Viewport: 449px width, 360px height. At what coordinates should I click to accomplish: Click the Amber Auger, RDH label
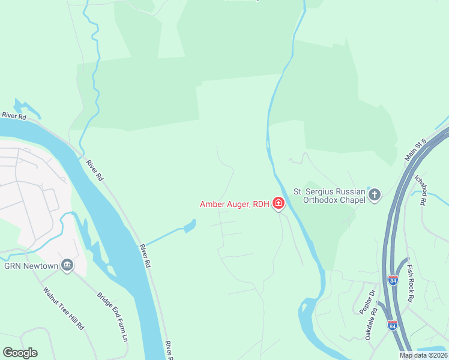coord(234,204)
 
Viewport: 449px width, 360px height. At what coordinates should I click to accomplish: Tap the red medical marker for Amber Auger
coord(279,204)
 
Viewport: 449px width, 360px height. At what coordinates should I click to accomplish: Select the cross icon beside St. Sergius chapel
coord(375,194)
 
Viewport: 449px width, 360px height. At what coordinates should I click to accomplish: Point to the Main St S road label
coord(415,149)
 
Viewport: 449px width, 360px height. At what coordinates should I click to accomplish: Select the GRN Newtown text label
coord(31,266)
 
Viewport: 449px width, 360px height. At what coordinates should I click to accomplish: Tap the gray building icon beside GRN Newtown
coord(67,265)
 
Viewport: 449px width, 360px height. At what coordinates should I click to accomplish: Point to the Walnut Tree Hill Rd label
coord(63,308)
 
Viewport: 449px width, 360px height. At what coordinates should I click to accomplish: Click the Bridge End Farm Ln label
coord(113,316)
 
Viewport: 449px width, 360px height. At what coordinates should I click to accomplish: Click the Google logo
coord(20,353)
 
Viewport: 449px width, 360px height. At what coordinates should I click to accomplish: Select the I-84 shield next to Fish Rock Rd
coord(393,280)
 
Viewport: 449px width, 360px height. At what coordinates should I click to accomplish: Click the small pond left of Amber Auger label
coord(189,226)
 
